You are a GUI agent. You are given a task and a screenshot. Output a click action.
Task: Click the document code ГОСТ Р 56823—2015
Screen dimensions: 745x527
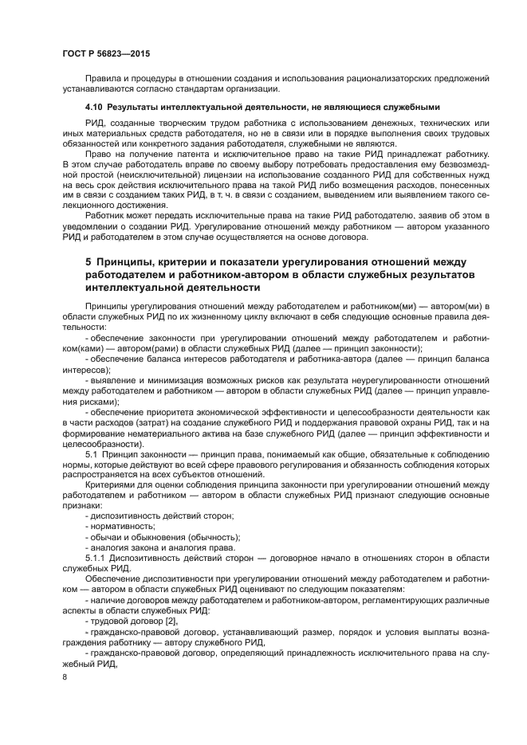(105, 53)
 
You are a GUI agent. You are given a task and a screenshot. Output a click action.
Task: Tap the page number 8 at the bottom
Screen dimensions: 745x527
(65, 677)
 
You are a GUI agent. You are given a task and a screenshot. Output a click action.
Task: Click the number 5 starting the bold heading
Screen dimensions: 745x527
(88, 261)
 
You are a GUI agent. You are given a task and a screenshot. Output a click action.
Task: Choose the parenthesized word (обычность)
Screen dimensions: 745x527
(210, 536)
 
